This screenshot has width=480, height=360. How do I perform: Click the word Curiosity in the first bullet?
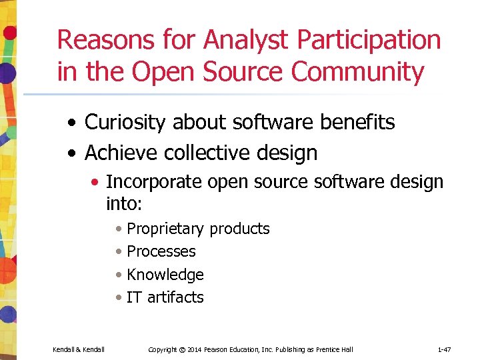pos(126,123)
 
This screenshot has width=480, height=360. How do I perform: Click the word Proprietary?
pos(165,229)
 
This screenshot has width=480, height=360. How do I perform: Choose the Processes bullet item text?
pos(161,251)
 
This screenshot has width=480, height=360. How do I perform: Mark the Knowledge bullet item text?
pos(165,274)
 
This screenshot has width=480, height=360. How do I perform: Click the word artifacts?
pos(175,297)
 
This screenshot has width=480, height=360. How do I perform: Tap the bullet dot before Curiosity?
pos(75,123)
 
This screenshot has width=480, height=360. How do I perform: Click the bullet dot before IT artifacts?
pos(118,297)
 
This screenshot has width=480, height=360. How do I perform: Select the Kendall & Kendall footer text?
pos(79,349)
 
